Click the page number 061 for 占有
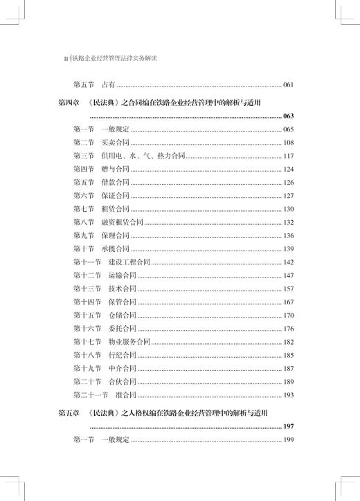(x=290, y=85)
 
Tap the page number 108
(x=290, y=143)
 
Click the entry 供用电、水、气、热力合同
(x=142, y=156)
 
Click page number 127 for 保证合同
(x=290, y=196)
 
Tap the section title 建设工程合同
(x=128, y=262)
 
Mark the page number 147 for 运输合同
(x=290, y=275)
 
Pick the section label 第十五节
(x=87, y=316)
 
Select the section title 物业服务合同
(x=128, y=342)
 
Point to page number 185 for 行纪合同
(x=290, y=355)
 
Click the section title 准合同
(x=121, y=395)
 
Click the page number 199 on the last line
(x=290, y=440)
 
